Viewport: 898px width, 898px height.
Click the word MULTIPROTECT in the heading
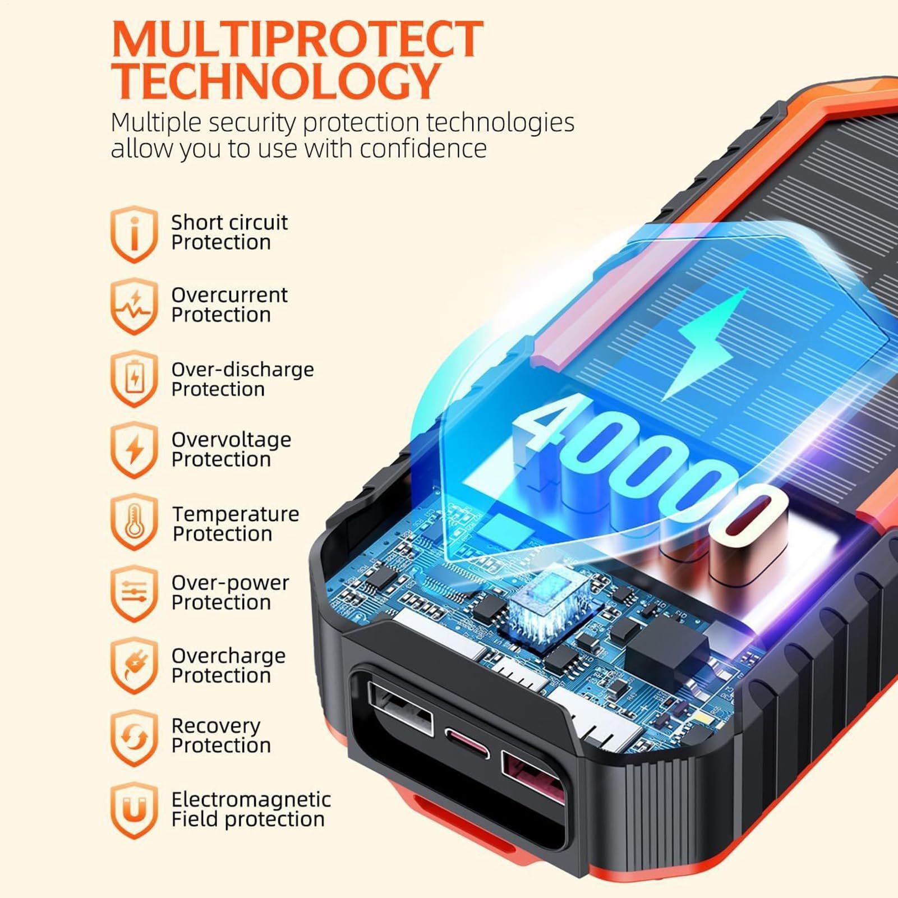coord(297,39)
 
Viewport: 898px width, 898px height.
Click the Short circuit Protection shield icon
coord(134,233)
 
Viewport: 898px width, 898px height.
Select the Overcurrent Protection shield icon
coord(134,306)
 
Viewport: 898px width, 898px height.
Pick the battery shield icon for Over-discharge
coord(134,379)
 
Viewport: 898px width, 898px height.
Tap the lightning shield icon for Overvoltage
coord(134,450)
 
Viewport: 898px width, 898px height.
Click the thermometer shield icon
coord(134,522)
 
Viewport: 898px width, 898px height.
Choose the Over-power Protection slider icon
coord(134,593)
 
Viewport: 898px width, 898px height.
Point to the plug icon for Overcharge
coord(134,666)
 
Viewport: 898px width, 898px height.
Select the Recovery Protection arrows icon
coord(134,738)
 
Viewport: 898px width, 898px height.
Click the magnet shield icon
coord(134,810)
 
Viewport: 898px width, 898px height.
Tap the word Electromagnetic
coord(251,799)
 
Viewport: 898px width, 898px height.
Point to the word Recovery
coord(216,726)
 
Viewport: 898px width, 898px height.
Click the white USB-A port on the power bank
coord(400,708)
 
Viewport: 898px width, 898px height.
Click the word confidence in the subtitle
coord(423,149)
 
